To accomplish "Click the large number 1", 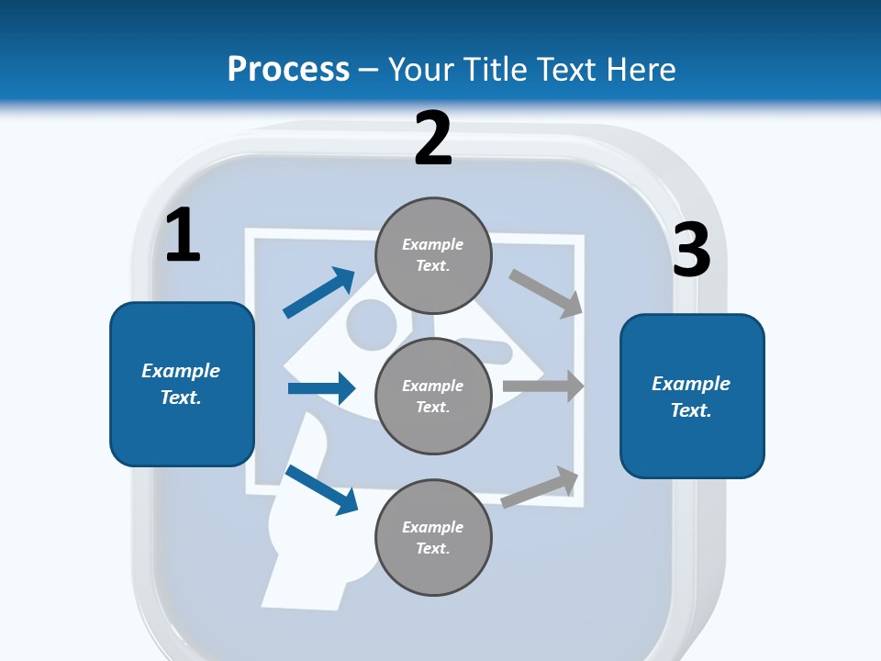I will (183, 236).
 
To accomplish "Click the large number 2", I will (433, 139).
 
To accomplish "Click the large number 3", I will (692, 251).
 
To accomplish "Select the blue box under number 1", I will (182, 384).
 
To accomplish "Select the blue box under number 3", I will (692, 397).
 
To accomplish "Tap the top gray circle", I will (433, 255).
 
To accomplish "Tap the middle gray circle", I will (433, 397).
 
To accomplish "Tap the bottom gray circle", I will (433, 538).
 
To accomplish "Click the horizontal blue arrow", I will (321, 388).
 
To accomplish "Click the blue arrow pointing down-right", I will (322, 488).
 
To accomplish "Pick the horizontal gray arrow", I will (543, 387).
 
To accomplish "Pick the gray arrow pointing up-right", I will (541, 487).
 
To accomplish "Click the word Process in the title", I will (288, 69).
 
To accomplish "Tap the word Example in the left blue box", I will (181, 371).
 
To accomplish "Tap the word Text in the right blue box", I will (689, 410).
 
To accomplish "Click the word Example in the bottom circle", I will (433, 527).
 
